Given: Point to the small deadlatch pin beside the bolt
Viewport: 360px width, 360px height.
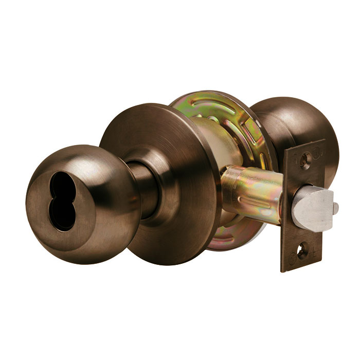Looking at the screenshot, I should pyautogui.click(x=335, y=207).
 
